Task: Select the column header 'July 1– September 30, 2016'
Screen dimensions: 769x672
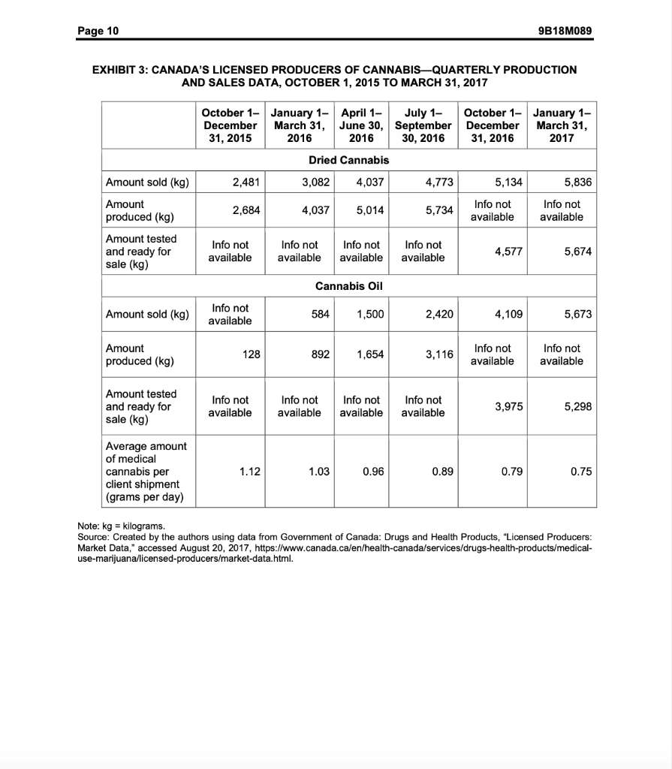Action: [423, 125]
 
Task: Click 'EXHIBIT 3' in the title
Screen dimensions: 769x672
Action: [123, 69]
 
